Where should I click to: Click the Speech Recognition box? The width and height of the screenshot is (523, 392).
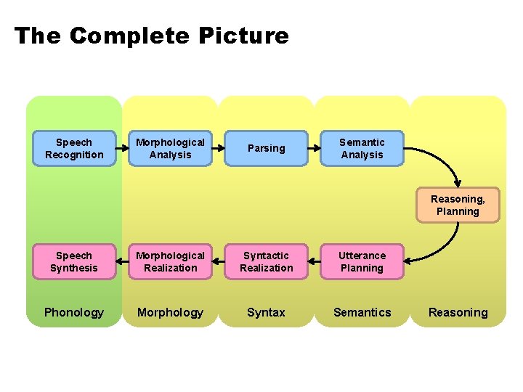coord(74,149)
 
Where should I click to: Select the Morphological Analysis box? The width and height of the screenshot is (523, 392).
coord(170,149)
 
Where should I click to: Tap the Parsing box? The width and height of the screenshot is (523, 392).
coord(266,149)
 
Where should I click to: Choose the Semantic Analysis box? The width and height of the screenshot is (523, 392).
coord(362,149)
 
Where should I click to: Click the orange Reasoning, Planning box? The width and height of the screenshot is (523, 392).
coord(458,205)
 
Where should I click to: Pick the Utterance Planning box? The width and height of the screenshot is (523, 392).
coord(362,262)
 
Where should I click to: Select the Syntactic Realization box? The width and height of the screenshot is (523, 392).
coord(266,262)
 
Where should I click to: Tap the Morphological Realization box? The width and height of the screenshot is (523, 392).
coord(170,262)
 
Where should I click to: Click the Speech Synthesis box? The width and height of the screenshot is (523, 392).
coord(74,262)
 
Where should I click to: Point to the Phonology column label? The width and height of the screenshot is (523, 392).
coord(74,313)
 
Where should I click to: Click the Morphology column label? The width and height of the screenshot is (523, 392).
coord(170,313)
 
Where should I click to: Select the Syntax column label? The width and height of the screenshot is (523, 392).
coord(266,313)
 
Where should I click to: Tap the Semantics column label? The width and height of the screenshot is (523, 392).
coord(362,313)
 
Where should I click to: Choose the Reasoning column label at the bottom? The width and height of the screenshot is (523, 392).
coord(458,313)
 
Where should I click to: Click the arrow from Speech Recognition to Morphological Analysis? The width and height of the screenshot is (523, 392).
coord(122,149)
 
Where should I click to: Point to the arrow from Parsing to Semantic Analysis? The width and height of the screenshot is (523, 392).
coord(314,149)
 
